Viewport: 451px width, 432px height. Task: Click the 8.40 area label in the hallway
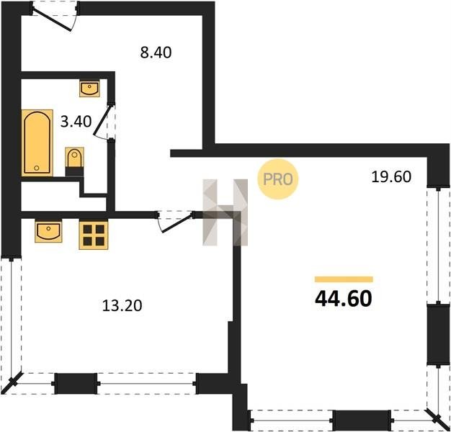click(x=156, y=53)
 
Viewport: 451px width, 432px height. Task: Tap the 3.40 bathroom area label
click(x=76, y=122)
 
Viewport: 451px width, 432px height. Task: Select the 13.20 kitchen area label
click(x=122, y=306)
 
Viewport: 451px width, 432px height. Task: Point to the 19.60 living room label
click(x=391, y=177)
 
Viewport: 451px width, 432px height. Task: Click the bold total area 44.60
click(x=344, y=299)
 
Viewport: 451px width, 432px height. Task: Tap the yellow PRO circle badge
click(x=278, y=179)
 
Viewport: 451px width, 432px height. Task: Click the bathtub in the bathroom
click(x=37, y=143)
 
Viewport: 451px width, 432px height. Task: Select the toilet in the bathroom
click(x=75, y=161)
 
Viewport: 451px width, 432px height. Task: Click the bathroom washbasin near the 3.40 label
click(x=89, y=89)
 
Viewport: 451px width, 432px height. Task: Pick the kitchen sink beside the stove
click(x=48, y=230)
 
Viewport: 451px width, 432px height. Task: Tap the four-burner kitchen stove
click(x=94, y=235)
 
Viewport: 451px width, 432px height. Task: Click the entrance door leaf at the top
click(x=52, y=19)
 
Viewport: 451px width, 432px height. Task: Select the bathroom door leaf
click(x=102, y=120)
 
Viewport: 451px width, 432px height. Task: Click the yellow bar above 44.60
click(x=344, y=279)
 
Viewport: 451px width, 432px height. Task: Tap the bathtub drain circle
click(x=37, y=168)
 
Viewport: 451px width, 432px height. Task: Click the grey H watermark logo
click(x=225, y=212)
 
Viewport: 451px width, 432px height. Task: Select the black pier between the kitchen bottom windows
click(x=76, y=384)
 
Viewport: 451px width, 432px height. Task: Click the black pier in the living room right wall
click(x=438, y=335)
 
